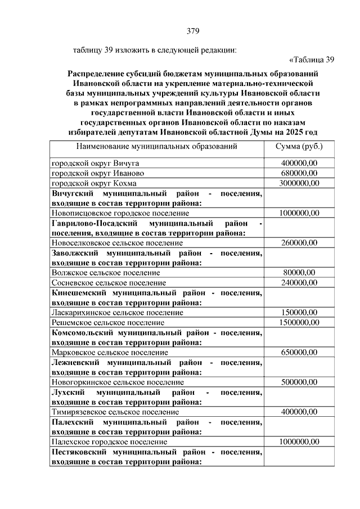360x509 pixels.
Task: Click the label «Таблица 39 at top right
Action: [x=312, y=60]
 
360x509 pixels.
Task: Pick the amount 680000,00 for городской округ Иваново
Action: [x=299, y=173]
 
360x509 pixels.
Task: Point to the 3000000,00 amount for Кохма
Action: [x=299, y=183]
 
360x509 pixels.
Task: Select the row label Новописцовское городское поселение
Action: [x=120, y=213]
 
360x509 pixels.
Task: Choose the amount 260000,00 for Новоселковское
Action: [x=299, y=242]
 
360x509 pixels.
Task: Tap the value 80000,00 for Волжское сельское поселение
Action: [x=299, y=272]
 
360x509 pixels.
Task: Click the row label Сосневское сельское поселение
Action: [x=109, y=282]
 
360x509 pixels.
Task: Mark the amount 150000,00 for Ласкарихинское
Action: [x=299, y=312]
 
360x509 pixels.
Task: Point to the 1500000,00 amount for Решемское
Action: [x=299, y=322]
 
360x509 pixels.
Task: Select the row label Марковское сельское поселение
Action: [x=110, y=352]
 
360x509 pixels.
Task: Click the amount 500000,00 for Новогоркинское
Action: [x=299, y=382]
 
